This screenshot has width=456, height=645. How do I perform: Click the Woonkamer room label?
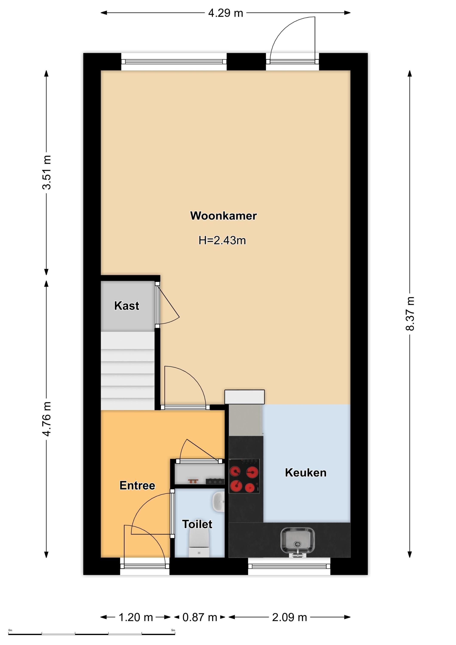pos(223,216)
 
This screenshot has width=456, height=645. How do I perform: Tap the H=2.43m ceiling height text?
pos(222,240)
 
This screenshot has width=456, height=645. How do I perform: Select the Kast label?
pos(126,306)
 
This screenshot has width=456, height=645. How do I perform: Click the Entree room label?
pos(137,485)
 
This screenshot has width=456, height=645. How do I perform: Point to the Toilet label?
pos(197,524)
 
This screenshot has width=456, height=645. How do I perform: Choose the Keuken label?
pos(306,473)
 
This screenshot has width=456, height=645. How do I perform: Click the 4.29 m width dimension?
pos(225,13)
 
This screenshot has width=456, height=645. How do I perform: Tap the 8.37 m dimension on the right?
pos(410,313)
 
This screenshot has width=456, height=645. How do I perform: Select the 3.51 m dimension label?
pos(47,172)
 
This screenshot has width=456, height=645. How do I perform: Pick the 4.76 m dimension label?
pos(47,419)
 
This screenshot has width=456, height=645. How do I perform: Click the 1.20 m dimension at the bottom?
pos(136,617)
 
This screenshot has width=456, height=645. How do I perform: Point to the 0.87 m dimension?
pos(200,617)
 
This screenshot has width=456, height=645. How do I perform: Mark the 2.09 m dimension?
pos(289,617)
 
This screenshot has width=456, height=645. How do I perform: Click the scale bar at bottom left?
pos(92,634)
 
